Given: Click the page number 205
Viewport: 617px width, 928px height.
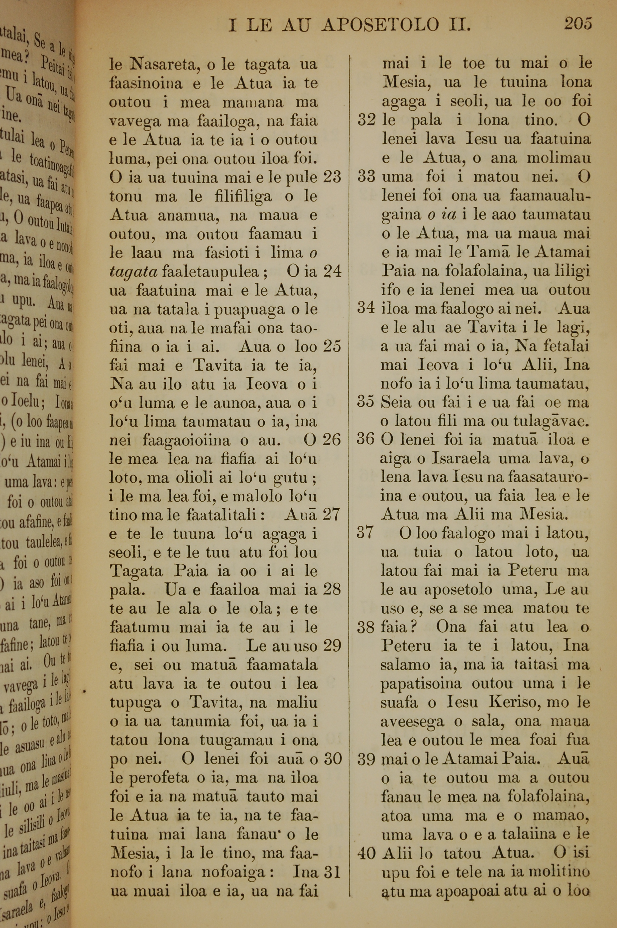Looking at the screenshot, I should [x=578, y=24].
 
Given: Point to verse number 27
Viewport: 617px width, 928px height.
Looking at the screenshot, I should [x=332, y=515].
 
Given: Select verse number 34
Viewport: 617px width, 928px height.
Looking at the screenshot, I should [x=366, y=308].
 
